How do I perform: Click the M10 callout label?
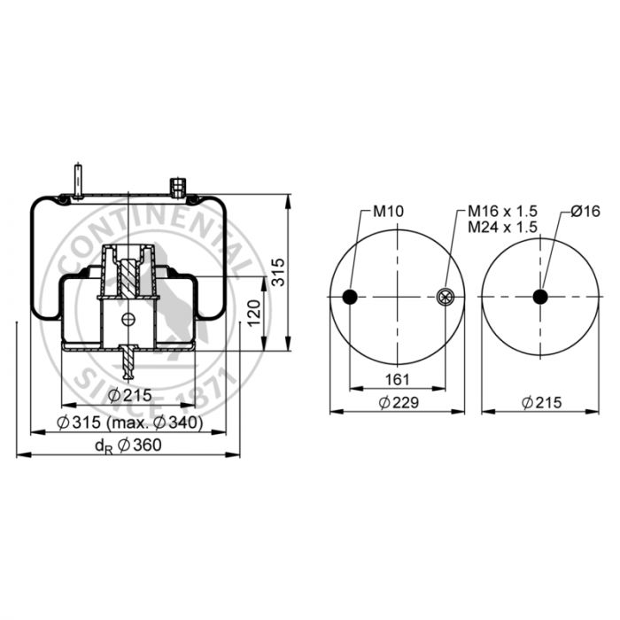[388, 211]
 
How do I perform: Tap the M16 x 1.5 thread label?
[502, 211]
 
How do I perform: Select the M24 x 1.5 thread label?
[502, 227]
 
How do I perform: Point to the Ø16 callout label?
[585, 211]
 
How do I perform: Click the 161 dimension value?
[397, 380]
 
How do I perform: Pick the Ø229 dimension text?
[399, 402]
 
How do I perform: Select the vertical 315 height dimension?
[279, 272]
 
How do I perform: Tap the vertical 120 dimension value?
[255, 314]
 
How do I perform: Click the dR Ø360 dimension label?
[128, 446]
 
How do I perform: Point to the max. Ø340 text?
[155, 422]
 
